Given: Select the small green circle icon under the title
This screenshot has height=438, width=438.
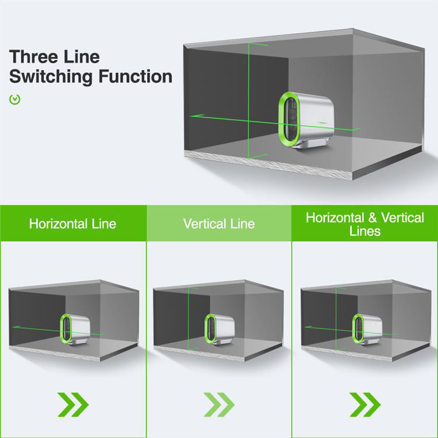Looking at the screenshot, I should pos(15,99).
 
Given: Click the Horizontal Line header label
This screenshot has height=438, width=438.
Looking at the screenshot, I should pos(72,224).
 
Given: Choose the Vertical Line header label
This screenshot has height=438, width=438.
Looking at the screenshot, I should pos(219,224).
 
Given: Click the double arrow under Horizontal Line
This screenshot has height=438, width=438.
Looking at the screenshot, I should pos(73,404).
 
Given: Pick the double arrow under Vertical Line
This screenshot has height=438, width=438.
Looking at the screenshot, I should pos(219,404).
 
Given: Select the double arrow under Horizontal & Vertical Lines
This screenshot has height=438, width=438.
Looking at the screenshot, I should pos(365,404).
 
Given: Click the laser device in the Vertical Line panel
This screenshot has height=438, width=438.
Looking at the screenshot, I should pos(219,328).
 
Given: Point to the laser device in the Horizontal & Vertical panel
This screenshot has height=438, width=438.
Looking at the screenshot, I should pos(367,328).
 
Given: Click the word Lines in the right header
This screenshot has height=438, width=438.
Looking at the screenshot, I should pos(365,231).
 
